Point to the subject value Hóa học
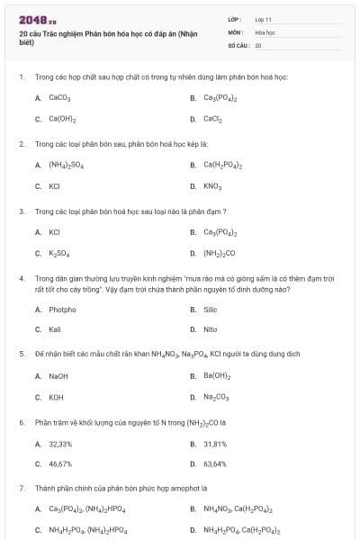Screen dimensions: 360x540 tap(265, 31)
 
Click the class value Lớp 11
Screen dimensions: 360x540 tap(263, 19)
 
